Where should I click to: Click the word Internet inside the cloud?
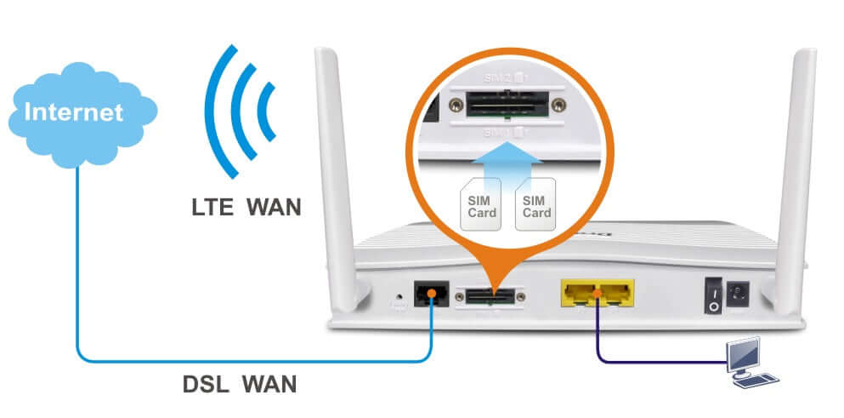coord(73,112)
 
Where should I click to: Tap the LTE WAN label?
coord(246,206)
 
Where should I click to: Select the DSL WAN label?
coord(240,384)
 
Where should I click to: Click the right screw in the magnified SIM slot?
coord(558,105)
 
